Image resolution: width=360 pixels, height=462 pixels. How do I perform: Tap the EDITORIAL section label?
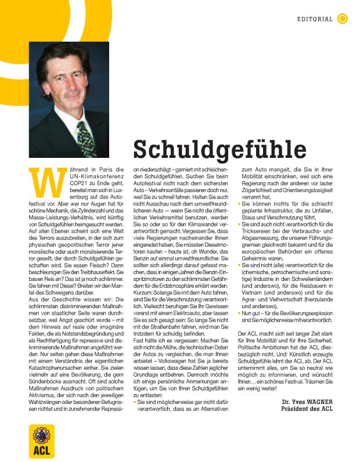[x=315, y=19]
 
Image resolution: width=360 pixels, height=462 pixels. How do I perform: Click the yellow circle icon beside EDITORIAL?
[x=343, y=19]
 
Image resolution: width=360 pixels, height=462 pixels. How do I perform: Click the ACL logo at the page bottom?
[x=41, y=442]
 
